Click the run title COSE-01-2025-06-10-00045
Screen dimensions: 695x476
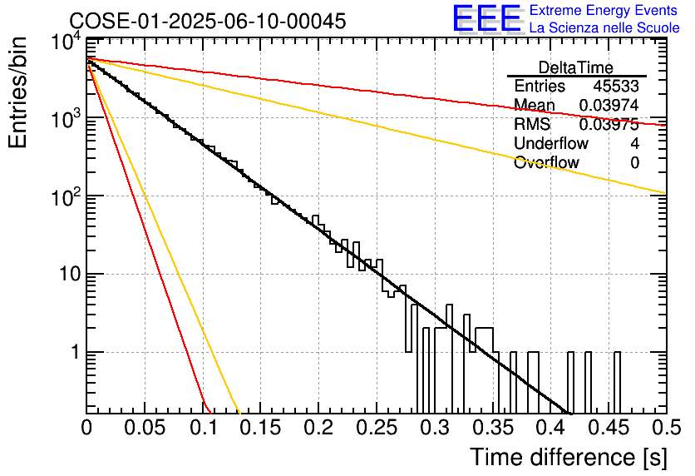point(208,21)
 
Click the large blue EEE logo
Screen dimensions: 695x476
point(486,18)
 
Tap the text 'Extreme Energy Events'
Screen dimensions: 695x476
point(604,10)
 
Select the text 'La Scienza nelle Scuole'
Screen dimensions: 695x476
point(604,28)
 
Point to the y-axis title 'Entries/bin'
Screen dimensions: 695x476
point(17,92)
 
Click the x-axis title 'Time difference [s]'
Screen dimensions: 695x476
point(569,457)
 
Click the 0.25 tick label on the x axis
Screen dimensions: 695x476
point(377,428)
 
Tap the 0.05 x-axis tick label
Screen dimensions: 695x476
point(145,428)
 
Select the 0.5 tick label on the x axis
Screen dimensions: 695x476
point(666,428)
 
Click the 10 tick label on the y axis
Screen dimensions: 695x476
point(70,274)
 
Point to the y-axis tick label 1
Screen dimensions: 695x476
point(76,352)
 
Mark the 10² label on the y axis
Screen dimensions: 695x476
point(67,196)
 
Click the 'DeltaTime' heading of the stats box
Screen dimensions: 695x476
point(576,67)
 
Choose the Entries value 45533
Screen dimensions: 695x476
point(616,86)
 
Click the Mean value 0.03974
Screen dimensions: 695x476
point(609,105)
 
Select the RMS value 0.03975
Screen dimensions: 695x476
point(609,125)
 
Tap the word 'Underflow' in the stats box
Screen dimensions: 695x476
point(551,143)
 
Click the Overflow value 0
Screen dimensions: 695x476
point(634,163)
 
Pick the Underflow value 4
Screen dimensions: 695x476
point(634,143)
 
